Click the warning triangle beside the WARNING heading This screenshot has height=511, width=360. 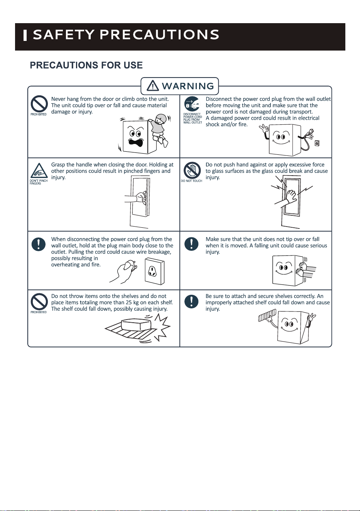pos(153,86)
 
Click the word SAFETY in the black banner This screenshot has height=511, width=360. pos(64,35)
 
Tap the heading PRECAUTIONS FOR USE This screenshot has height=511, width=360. pos(86,65)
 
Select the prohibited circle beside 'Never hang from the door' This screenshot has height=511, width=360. pos(39,104)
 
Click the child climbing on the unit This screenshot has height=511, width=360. pos(160,129)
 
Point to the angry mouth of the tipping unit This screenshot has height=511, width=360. pos(136,142)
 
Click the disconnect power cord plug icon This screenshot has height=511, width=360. pos(192,104)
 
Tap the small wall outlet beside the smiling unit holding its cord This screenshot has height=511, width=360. pos(317,143)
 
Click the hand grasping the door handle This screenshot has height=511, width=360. pos(140,197)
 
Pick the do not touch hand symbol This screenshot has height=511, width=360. pos(192,170)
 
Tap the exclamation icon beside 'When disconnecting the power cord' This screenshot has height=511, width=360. pos(39,244)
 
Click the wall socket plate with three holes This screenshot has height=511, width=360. pos(154,271)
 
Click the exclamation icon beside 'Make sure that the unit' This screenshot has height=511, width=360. pos(191,244)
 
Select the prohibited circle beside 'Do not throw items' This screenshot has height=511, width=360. pos(39,301)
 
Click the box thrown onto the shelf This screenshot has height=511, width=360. pos(136,325)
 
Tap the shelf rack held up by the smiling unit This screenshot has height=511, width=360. pos(267,315)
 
